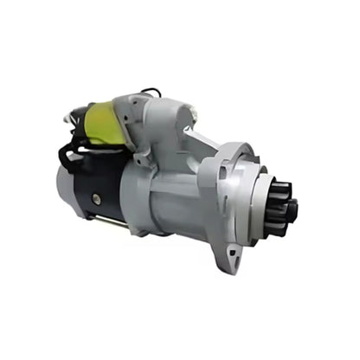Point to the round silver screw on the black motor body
tap(96, 199)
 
